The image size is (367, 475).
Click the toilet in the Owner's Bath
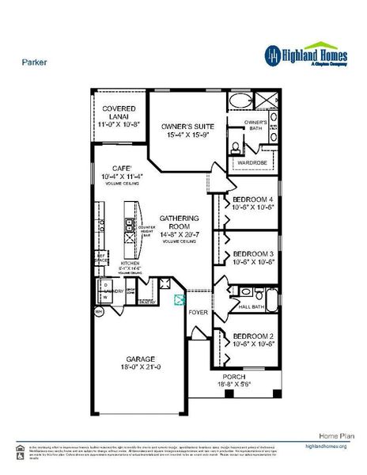pos(236,146)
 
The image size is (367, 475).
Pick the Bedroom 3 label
pos(253,255)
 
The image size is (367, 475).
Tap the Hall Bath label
pos(251,306)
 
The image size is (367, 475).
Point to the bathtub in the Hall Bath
pos(271,299)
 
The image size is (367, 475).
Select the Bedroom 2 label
pos(253,336)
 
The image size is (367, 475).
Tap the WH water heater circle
pos(99,312)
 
